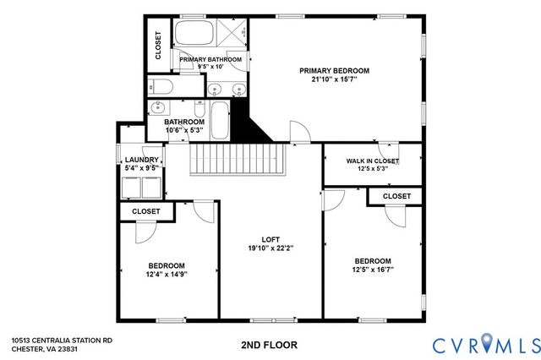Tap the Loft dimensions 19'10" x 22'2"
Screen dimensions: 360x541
pos(270,248)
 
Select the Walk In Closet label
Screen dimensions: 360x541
pos(373,161)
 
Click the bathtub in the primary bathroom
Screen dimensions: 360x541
pos(195,35)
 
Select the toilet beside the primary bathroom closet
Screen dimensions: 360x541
pos(160,87)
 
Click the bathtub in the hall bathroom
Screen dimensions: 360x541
pos(218,121)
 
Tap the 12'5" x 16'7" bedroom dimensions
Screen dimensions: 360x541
pos(373,270)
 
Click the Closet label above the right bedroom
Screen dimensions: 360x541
pos(396,196)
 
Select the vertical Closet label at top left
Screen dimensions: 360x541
pos(158,46)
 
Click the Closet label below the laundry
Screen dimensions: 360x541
pos(145,211)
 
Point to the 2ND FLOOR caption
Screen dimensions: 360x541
pos(270,345)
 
